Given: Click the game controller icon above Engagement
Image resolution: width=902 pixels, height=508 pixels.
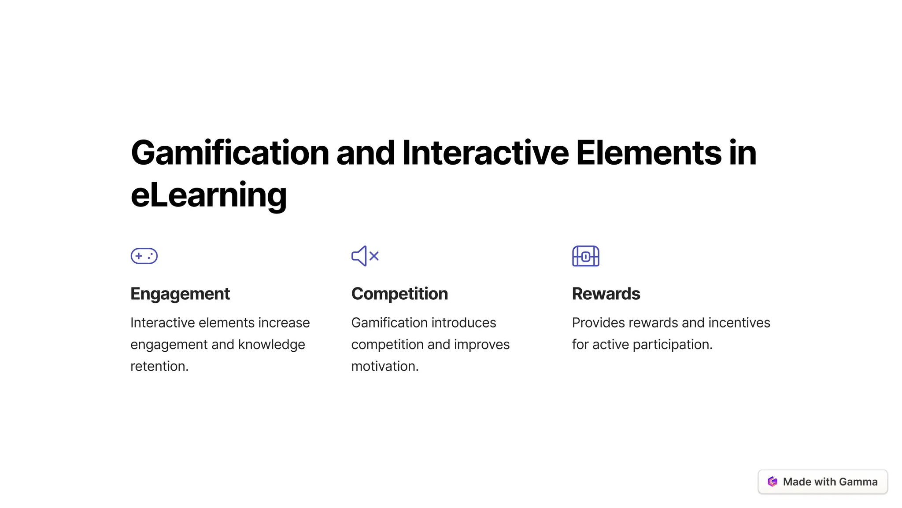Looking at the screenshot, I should (x=144, y=256).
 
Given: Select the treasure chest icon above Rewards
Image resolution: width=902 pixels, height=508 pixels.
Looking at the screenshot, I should (x=585, y=256).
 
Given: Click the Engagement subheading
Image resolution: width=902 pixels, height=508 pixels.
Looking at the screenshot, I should (x=180, y=294).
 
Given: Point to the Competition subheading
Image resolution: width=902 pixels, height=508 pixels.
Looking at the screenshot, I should (x=399, y=294).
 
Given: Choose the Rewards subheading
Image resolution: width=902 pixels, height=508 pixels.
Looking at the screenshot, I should (x=606, y=294).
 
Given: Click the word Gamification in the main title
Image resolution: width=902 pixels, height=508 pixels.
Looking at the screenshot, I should (x=230, y=153).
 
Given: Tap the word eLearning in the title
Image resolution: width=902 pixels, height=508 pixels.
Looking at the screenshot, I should (x=209, y=195).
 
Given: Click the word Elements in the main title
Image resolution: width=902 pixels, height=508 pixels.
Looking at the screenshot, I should (x=649, y=153).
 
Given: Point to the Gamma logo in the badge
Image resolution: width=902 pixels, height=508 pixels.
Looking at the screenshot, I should (x=773, y=482).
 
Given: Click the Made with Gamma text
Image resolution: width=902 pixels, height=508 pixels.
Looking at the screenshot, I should (x=830, y=482).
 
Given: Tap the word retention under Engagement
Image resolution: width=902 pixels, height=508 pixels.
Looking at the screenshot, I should (x=159, y=366).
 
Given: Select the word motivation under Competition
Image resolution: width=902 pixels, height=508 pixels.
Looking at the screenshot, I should (x=384, y=366).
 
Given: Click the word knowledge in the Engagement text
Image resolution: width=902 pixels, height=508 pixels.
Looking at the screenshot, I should (x=271, y=345).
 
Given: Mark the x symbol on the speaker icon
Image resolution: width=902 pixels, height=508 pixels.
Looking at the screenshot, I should (x=374, y=256).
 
